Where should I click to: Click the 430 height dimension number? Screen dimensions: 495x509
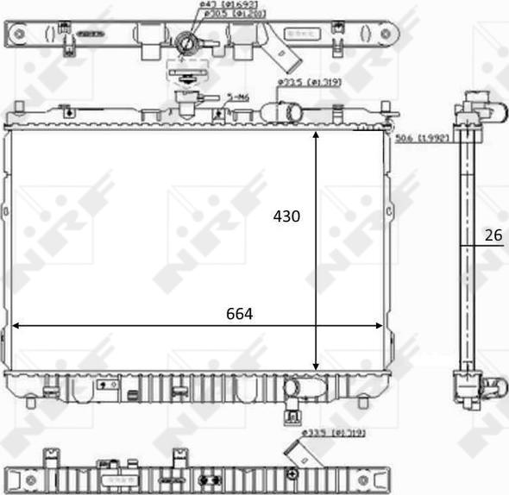point(286,216)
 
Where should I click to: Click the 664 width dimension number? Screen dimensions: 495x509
point(239,315)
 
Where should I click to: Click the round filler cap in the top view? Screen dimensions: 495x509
point(186,42)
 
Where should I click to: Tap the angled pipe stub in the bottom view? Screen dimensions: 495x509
point(303,454)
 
